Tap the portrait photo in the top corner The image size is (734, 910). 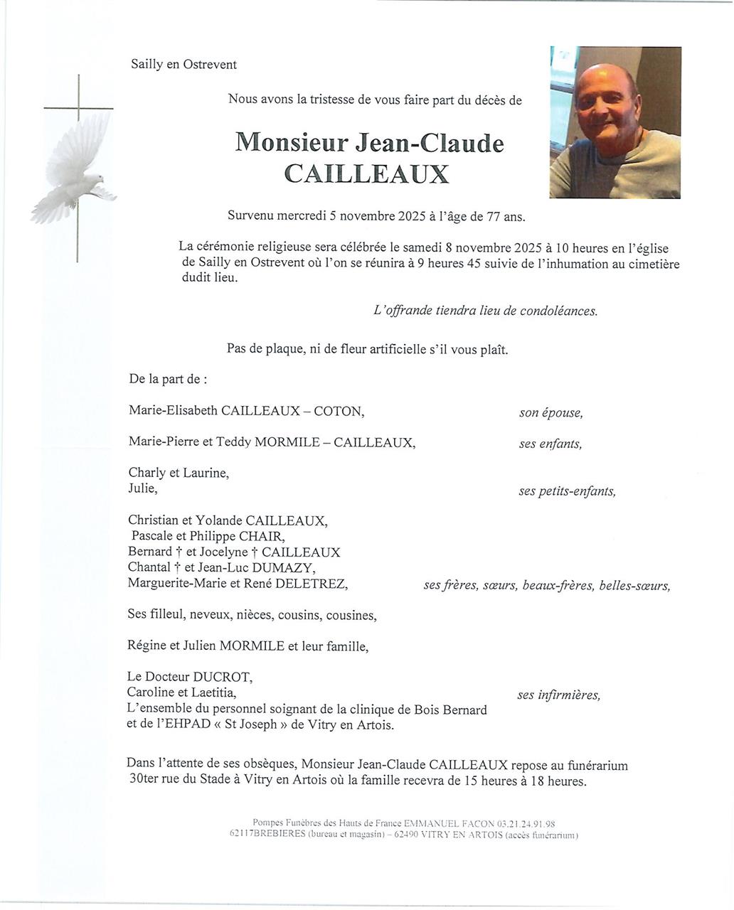pyautogui.click(x=615, y=122)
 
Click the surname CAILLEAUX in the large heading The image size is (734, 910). pyautogui.click(x=367, y=174)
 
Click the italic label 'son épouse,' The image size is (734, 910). pyautogui.click(x=550, y=413)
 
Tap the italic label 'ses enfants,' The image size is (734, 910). pyautogui.click(x=550, y=444)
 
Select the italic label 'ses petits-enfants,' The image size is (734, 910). pyautogui.click(x=567, y=491)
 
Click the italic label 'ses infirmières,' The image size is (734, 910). pyautogui.click(x=558, y=695)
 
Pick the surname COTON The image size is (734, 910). pyautogui.click(x=339, y=411)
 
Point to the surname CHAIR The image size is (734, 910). pyautogui.click(x=262, y=536)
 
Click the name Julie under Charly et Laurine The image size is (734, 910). pyautogui.click(x=142, y=488)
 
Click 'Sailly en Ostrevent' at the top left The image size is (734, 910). pyautogui.click(x=183, y=65)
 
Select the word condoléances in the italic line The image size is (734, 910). pyautogui.click(x=558, y=311)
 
